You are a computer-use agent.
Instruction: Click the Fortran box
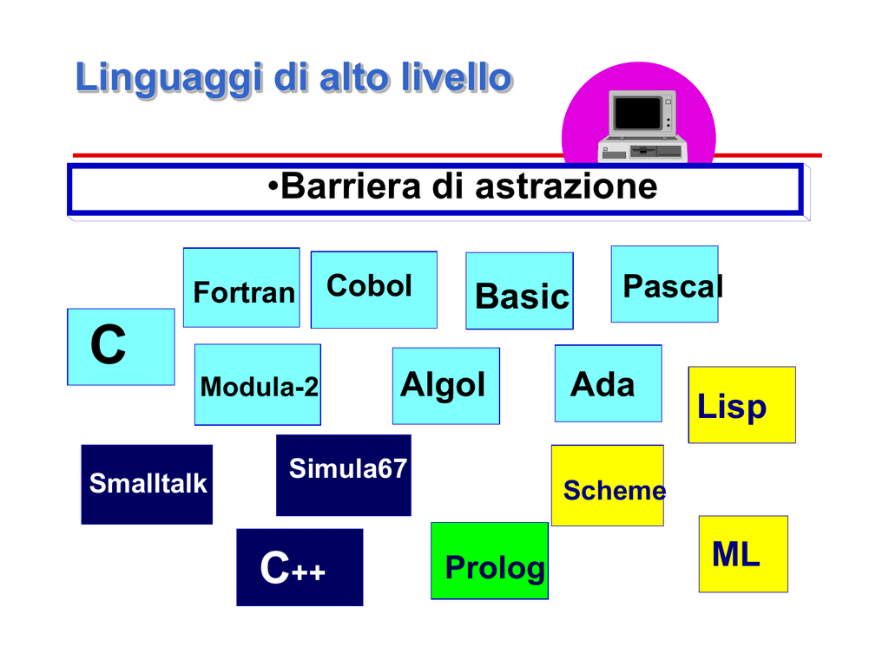pyautogui.click(x=241, y=287)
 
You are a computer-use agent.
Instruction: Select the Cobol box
pyautogui.click(x=374, y=290)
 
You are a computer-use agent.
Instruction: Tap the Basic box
pyautogui.click(x=519, y=291)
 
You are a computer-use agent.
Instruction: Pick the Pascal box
pyautogui.click(x=664, y=284)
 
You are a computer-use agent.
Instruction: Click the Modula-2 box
pyautogui.click(x=257, y=384)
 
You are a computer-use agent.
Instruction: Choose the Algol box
pyautogui.click(x=446, y=386)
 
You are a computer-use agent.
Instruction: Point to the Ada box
pyautogui.click(x=609, y=383)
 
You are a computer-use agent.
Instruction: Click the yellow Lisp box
pyautogui.click(x=742, y=405)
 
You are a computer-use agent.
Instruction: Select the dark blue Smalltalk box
pyautogui.click(x=147, y=484)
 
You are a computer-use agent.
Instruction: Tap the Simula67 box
pyautogui.click(x=344, y=475)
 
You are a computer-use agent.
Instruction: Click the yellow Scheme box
pyautogui.click(x=607, y=486)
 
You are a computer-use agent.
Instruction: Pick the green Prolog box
pyautogui.click(x=490, y=561)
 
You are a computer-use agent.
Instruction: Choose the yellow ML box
pyautogui.click(x=743, y=554)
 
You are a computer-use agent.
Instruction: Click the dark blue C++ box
pyautogui.click(x=300, y=567)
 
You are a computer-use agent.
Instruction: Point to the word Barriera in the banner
pyautogui.click(x=351, y=186)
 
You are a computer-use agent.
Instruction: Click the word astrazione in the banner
pyautogui.click(x=566, y=187)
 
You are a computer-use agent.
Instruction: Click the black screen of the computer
pyautogui.click(x=638, y=113)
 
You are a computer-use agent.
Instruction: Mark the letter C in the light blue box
pyautogui.click(x=108, y=344)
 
